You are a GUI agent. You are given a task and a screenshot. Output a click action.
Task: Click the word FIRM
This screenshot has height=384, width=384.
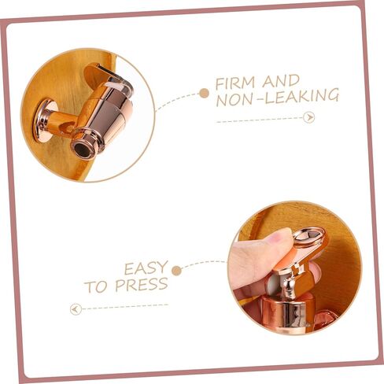click(235, 83)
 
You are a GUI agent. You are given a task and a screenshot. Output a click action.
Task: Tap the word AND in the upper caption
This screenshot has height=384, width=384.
click(281, 81)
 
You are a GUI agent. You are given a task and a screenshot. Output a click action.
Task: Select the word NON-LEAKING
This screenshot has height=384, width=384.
click(277, 98)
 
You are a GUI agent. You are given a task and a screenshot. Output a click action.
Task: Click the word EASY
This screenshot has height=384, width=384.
click(146, 268)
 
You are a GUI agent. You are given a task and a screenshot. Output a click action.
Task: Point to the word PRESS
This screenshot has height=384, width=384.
click(142, 285)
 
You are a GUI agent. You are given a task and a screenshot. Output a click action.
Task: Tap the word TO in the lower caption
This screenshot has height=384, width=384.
click(95, 286)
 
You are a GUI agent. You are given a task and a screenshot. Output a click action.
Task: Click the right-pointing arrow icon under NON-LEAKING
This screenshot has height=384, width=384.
click(309, 117)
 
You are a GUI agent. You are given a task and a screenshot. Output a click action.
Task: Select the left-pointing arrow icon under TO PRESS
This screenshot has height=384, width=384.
click(76, 309)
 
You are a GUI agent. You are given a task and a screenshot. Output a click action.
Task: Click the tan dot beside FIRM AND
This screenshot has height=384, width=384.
click(204, 93)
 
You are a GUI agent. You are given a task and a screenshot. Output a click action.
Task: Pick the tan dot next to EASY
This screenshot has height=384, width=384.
click(177, 271)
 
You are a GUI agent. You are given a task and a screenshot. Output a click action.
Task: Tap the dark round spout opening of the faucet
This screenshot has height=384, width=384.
click(82, 149)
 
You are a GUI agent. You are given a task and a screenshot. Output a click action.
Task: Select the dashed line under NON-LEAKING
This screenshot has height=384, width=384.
click(260, 120)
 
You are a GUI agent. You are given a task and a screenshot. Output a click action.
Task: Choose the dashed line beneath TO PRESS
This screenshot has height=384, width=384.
click(125, 307)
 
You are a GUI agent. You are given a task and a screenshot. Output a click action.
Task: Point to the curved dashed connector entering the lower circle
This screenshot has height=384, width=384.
click(204, 264)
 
